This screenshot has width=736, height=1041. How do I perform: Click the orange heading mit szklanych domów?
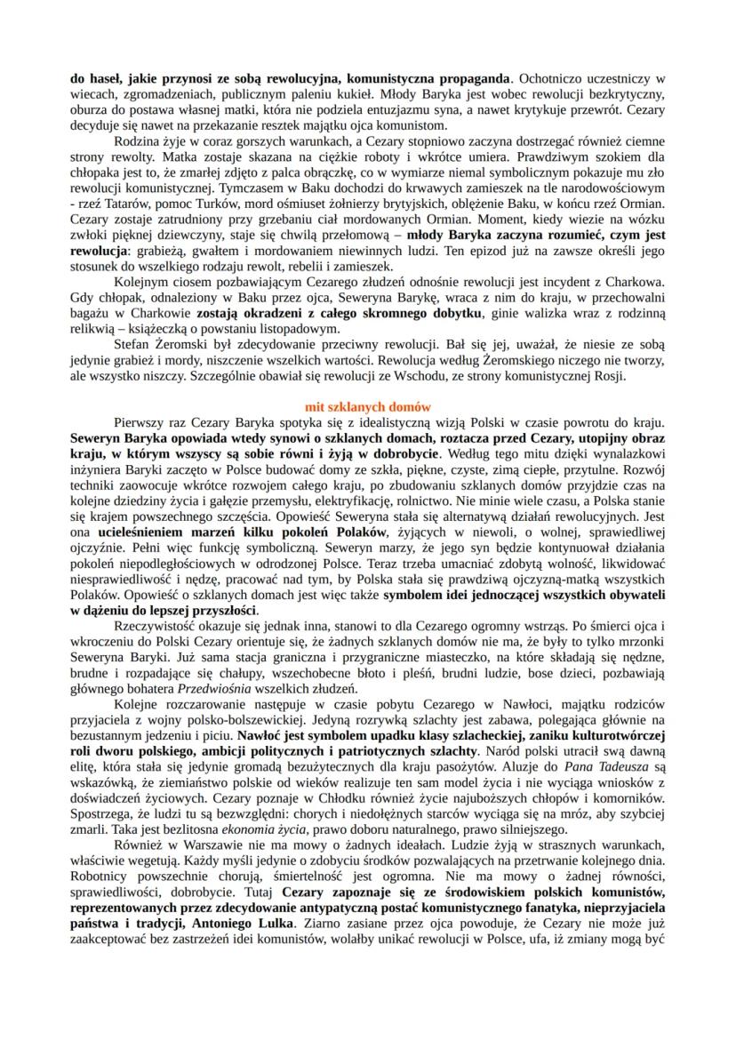pyautogui.click(x=368, y=405)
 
